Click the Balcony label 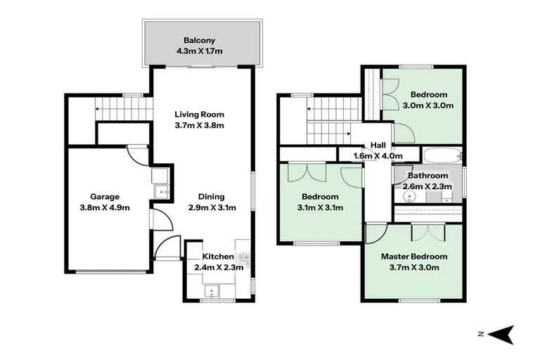(199, 40)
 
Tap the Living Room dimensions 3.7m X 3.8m (199, 125)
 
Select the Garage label (105, 197)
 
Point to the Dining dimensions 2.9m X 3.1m (212, 207)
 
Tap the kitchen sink (212, 291)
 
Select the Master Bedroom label (414, 257)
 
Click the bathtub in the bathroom (443, 156)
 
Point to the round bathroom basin (409, 198)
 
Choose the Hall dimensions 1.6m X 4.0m (378, 156)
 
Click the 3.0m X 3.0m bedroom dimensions (428, 105)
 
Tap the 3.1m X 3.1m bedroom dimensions (320, 207)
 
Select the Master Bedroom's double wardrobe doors (427, 233)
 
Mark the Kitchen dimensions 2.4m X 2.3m (219, 267)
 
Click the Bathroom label (427, 176)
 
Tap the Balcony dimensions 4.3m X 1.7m (199, 51)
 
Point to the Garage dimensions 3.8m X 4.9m (105, 207)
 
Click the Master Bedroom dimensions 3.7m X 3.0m (414, 267)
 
